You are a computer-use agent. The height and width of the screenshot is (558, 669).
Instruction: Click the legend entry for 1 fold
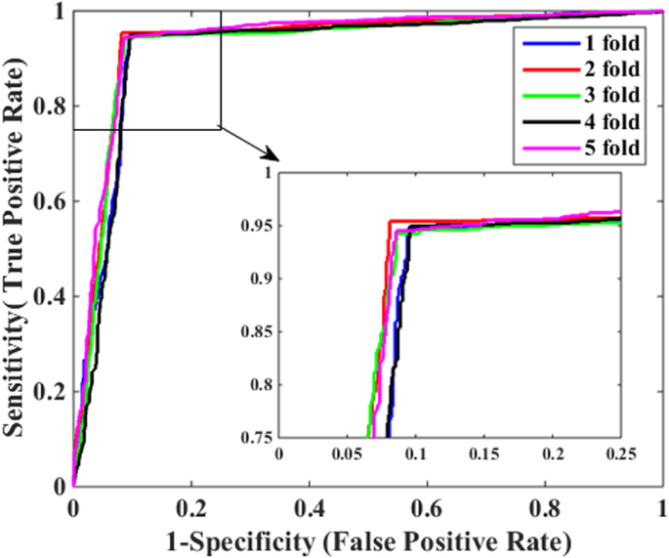click(x=576, y=43)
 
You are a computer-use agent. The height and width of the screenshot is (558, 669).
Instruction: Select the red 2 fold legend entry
click(x=576, y=69)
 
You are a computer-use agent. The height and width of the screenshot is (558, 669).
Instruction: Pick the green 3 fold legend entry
click(x=576, y=96)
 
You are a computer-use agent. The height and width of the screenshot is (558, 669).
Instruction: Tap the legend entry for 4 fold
click(x=576, y=122)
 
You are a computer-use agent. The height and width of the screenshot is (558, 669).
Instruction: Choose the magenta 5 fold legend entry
click(x=576, y=149)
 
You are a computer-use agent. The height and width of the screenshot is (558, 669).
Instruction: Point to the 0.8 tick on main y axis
click(x=54, y=107)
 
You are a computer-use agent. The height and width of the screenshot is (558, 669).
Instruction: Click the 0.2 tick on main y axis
click(x=54, y=392)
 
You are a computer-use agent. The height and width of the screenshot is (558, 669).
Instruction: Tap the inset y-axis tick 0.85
click(x=260, y=331)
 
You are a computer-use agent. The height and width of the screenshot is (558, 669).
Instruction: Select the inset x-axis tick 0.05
click(x=347, y=454)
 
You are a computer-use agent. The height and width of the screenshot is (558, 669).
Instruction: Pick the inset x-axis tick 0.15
click(x=484, y=454)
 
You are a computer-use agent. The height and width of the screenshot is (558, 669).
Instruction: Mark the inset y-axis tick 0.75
click(x=260, y=437)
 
